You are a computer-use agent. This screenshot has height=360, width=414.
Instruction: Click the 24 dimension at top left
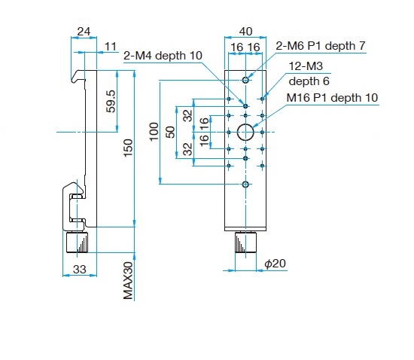tap(84, 32)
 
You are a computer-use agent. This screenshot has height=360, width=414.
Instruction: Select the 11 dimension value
tap(111, 47)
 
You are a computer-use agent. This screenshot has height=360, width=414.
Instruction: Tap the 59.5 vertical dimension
tap(111, 102)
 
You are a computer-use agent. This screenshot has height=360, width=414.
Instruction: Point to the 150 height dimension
tap(128, 148)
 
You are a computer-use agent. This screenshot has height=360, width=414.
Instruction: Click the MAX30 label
tap(128, 281)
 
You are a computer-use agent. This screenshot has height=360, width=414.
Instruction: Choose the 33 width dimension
tap(80, 270)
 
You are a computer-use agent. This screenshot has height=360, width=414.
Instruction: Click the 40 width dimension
tap(245, 32)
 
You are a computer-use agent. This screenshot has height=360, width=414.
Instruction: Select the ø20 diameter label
tap(275, 264)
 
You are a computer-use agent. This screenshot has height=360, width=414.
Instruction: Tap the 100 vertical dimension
tap(154, 132)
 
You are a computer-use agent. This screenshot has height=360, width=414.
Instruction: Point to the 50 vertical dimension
tap(171, 132)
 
